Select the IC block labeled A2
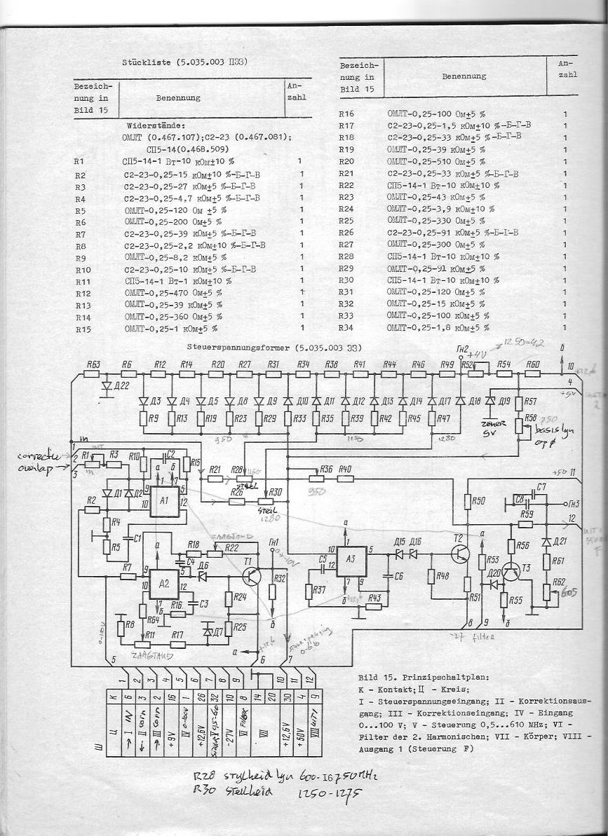(165, 583)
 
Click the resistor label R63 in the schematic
(92, 364)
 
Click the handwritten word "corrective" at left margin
(38, 456)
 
